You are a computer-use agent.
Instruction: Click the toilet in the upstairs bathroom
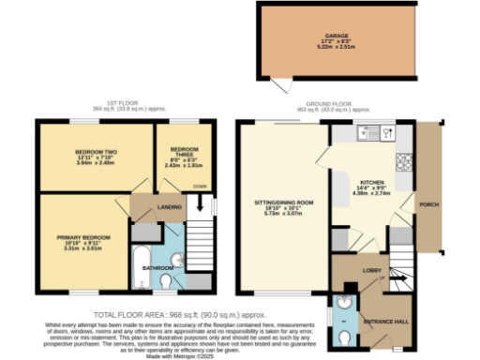click(x=166, y=279)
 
